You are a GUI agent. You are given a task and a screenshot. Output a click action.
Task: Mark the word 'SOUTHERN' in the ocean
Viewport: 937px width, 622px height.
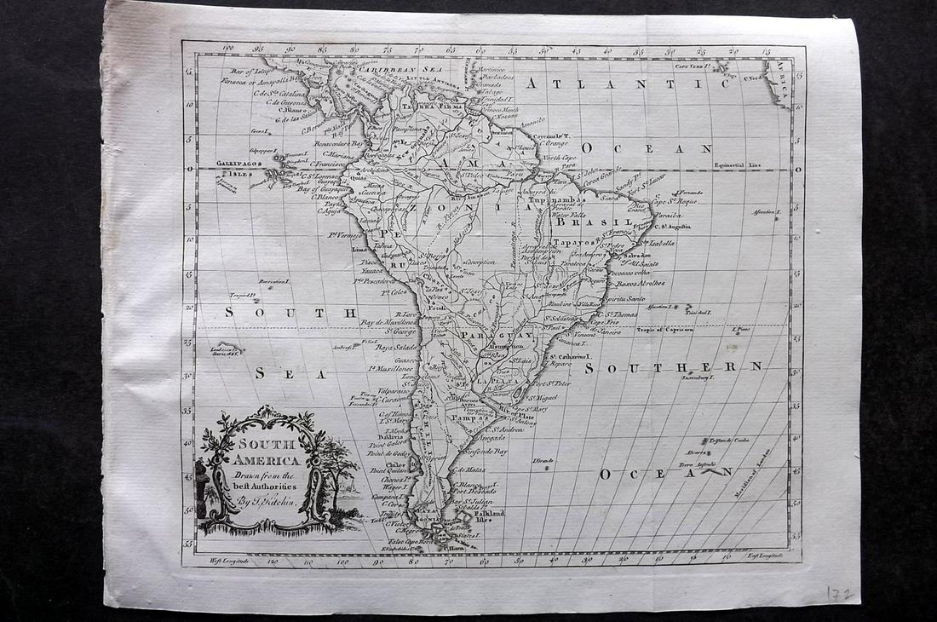[673, 367]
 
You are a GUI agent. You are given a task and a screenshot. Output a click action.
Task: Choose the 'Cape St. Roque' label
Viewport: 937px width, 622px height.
[675, 202]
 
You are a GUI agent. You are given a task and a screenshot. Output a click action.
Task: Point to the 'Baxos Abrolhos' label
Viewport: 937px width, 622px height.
[641, 282]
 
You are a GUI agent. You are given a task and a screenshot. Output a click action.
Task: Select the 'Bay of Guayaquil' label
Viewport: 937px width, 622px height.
[322, 188]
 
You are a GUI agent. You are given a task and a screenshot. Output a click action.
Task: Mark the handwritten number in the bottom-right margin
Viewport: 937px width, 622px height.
[840, 593]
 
